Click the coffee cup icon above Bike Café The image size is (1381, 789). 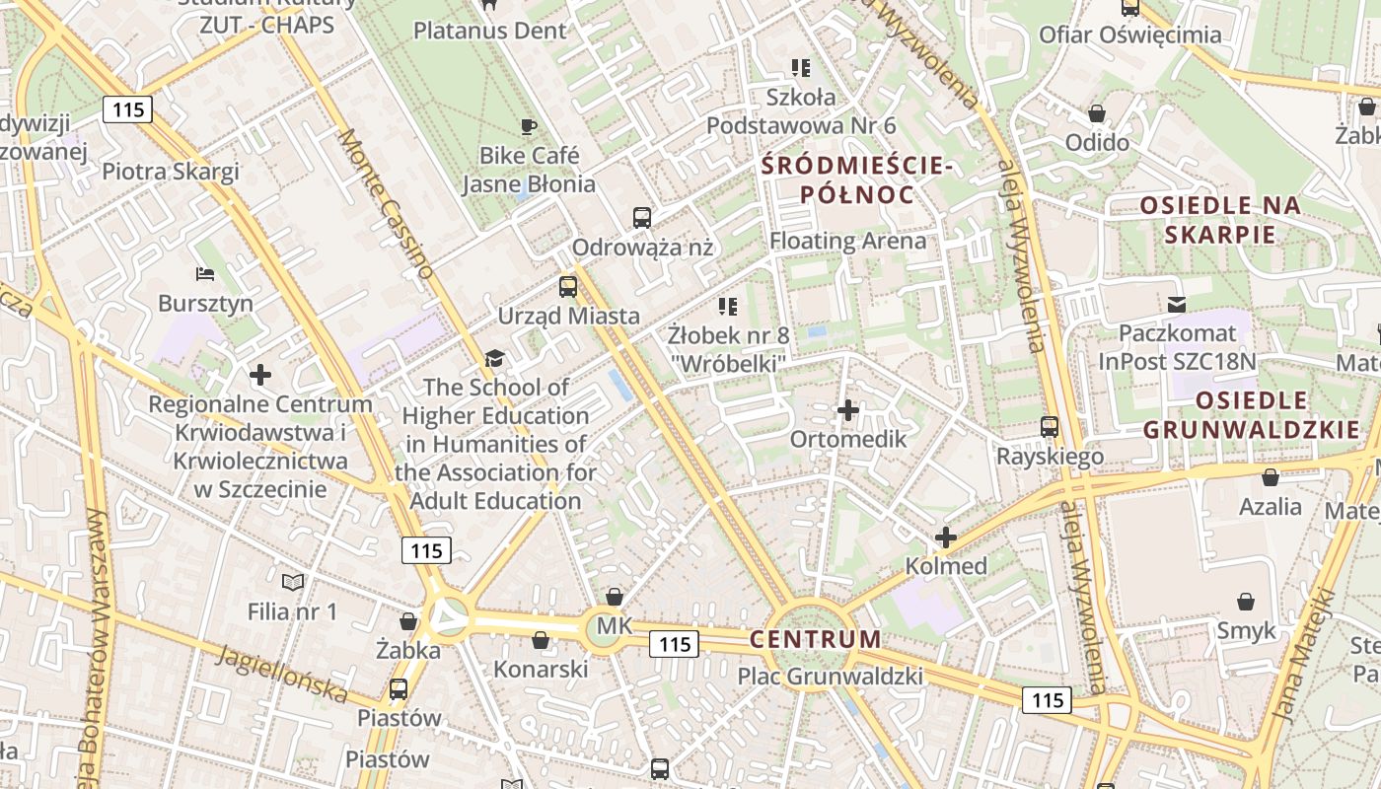click(529, 126)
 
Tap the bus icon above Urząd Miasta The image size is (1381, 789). click(568, 287)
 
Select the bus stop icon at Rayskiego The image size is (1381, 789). click(1050, 427)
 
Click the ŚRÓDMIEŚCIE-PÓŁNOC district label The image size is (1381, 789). click(857, 179)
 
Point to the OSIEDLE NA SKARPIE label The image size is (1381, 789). click(1220, 220)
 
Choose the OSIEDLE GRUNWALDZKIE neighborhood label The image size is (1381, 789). click(1251, 415)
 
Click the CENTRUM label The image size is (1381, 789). click(815, 639)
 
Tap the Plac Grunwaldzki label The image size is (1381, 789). click(831, 676)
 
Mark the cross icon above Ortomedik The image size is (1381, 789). click(848, 409)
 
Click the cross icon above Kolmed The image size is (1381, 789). click(946, 538)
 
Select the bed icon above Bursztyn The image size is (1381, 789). click(205, 273)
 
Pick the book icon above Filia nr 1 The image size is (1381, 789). click(292, 582)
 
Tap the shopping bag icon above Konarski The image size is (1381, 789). click(541, 640)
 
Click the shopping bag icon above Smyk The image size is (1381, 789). click(1246, 601)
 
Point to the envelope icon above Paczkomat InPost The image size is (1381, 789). click(1176, 304)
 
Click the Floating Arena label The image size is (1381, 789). click(847, 241)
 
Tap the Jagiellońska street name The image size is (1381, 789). click(283, 675)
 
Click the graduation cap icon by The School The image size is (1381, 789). click(494, 358)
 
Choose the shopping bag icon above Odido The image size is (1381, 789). click(1096, 112)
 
